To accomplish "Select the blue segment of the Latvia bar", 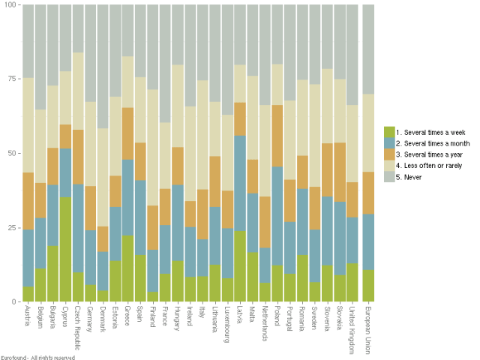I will tap(240, 183).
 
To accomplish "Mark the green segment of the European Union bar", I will tap(368, 285).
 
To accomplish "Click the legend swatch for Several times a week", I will tap(388, 130).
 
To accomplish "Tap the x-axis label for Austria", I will tap(28, 318).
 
